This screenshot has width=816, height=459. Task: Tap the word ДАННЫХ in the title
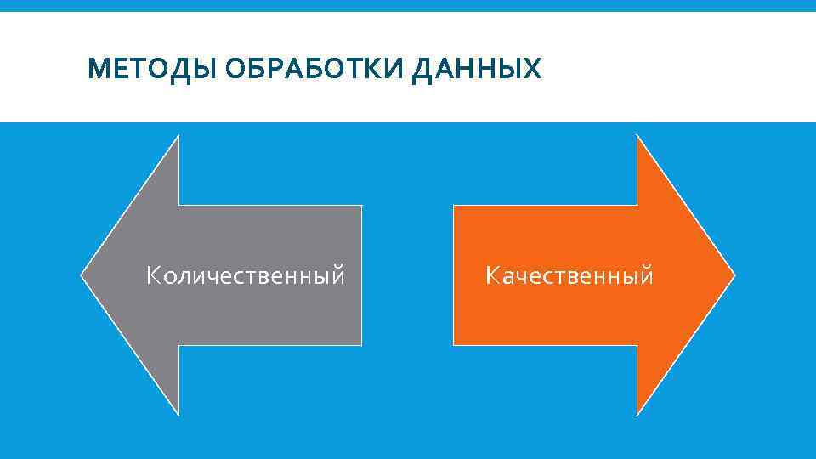point(476,69)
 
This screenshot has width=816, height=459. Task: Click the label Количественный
point(246,276)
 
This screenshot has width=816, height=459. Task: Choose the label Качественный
point(569,276)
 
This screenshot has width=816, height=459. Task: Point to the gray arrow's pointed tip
point(82,275)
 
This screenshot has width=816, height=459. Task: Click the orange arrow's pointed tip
point(734,275)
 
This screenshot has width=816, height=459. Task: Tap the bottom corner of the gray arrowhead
point(178,414)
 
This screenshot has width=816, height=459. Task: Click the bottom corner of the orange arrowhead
point(637,414)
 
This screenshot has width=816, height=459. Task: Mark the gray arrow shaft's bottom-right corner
point(360,344)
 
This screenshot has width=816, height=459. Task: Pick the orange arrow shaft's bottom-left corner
point(455,344)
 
